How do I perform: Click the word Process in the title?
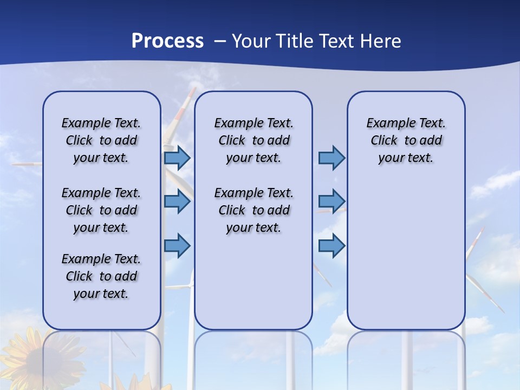(167, 41)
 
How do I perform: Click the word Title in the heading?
(295, 41)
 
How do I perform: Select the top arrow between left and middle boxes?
(177, 158)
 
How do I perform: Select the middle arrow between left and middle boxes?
(177, 201)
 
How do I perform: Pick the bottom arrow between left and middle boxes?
(177, 246)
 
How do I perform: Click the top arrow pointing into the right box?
(331, 158)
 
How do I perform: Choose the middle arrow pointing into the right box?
(331, 201)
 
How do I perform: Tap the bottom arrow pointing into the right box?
(331, 246)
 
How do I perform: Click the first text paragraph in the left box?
(101, 140)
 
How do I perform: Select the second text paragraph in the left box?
(101, 210)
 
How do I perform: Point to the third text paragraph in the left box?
(101, 276)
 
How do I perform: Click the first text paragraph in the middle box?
(253, 140)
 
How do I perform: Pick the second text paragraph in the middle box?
(253, 210)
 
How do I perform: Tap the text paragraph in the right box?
(406, 140)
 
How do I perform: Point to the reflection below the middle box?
(253, 357)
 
